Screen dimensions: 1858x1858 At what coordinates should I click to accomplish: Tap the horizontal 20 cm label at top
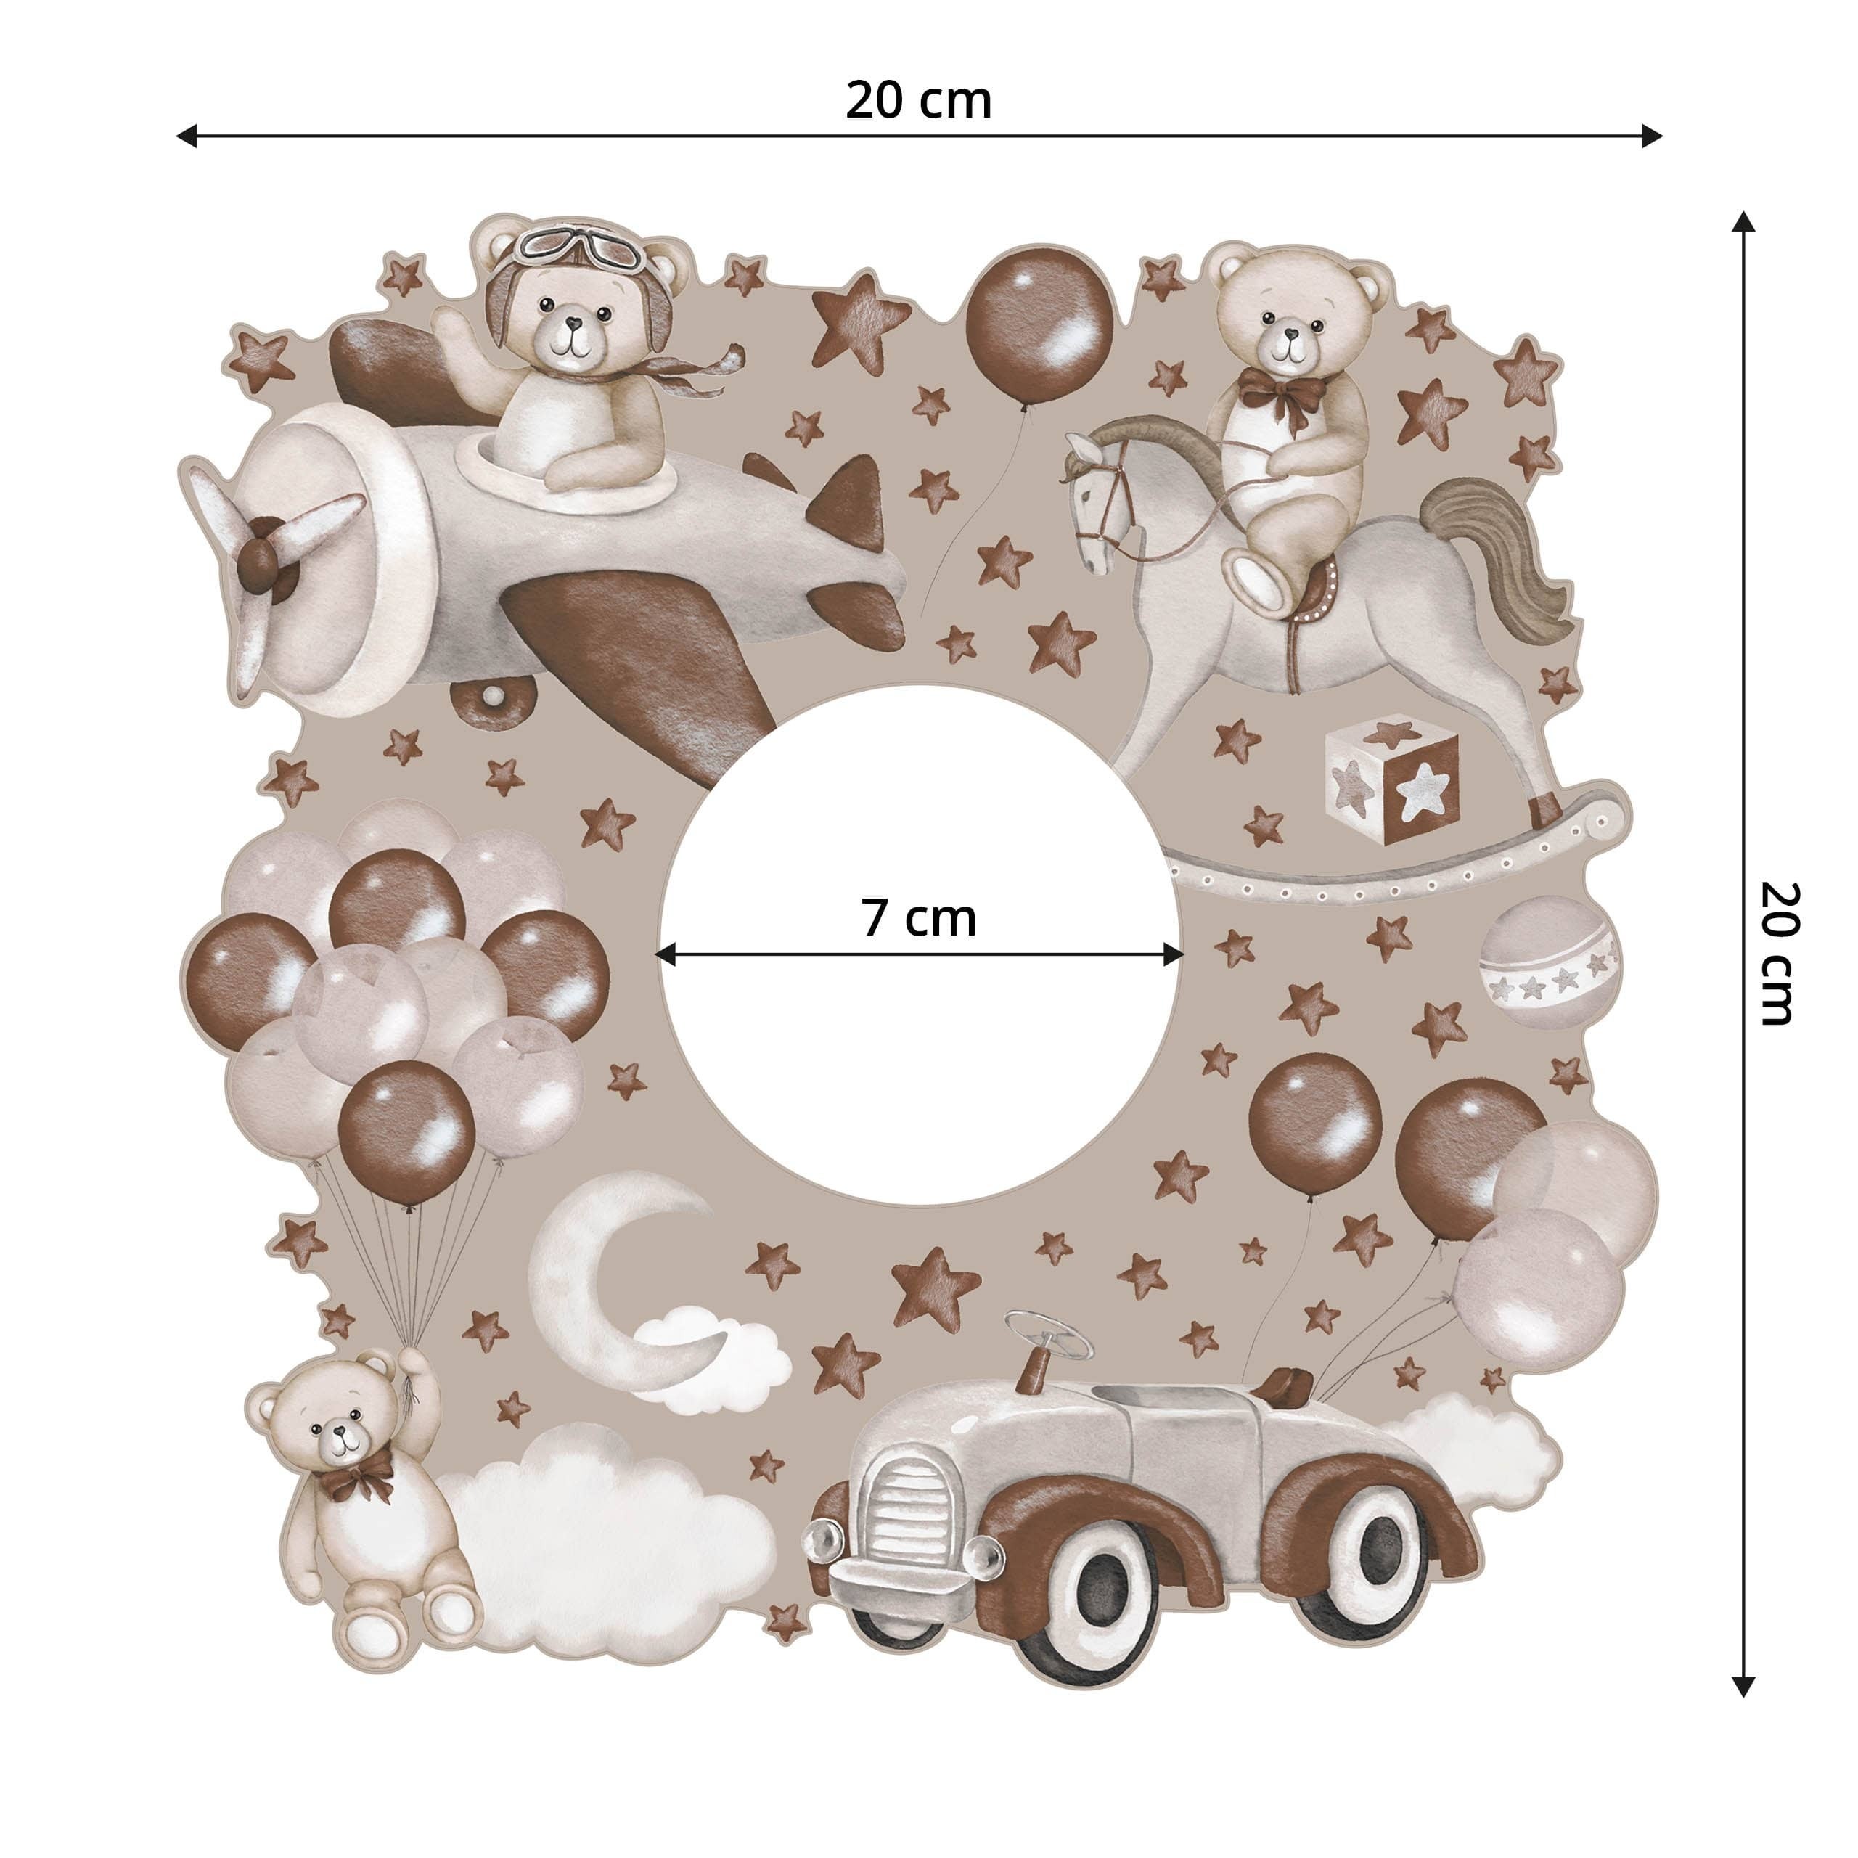pyautogui.click(x=917, y=100)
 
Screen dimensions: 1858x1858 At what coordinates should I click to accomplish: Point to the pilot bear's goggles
pyautogui.click(x=577, y=249)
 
